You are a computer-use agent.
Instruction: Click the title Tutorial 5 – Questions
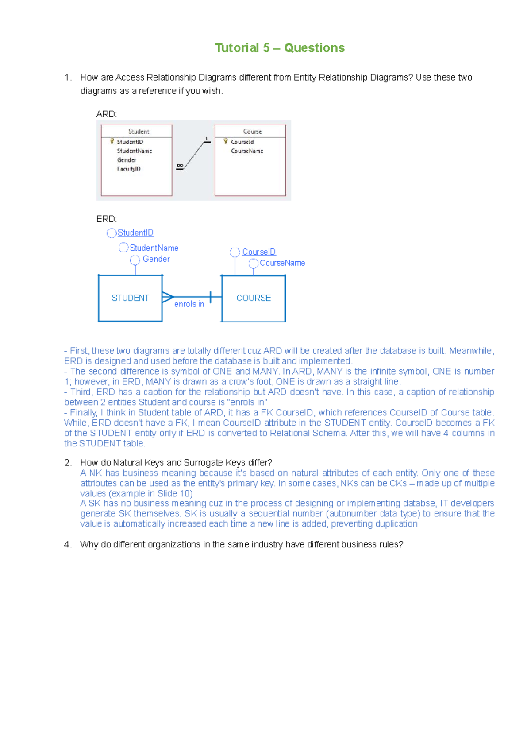click(x=280, y=48)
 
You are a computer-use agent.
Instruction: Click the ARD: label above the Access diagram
click(x=106, y=114)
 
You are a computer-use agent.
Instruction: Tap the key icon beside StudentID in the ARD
click(x=112, y=142)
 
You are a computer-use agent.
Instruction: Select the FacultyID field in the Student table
click(x=129, y=169)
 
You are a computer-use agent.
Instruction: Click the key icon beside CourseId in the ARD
click(x=226, y=142)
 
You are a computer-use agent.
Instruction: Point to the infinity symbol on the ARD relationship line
click(x=180, y=166)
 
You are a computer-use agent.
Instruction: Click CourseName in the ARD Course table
click(x=247, y=151)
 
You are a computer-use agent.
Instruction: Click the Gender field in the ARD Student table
click(x=127, y=160)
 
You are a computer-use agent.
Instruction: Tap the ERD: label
click(x=106, y=219)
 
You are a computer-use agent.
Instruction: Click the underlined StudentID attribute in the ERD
click(x=135, y=233)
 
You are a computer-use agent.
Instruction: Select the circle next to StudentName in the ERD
click(x=123, y=248)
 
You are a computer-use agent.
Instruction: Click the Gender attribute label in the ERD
click(x=156, y=259)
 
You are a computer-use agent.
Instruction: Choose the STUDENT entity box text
click(x=130, y=298)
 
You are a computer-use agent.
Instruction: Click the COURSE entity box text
click(x=254, y=298)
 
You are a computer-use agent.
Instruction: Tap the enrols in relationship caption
click(x=189, y=304)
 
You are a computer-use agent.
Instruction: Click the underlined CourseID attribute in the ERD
click(x=258, y=252)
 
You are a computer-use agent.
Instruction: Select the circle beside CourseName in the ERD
click(x=254, y=264)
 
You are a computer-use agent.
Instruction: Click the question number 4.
click(x=67, y=544)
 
